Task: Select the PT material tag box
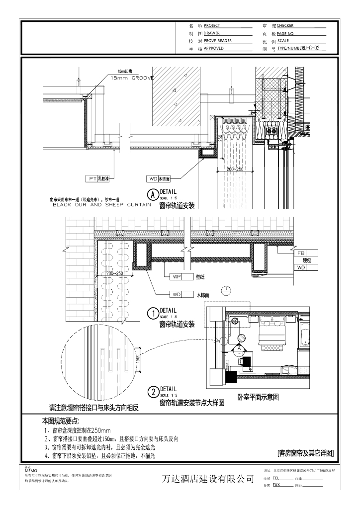[x=92, y=177]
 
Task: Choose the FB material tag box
[x=300, y=253]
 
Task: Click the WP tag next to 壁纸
[x=176, y=276]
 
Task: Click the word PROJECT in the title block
[x=212, y=25]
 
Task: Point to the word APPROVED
[x=214, y=49]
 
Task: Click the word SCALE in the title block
[x=283, y=41]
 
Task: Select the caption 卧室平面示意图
[x=258, y=397]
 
